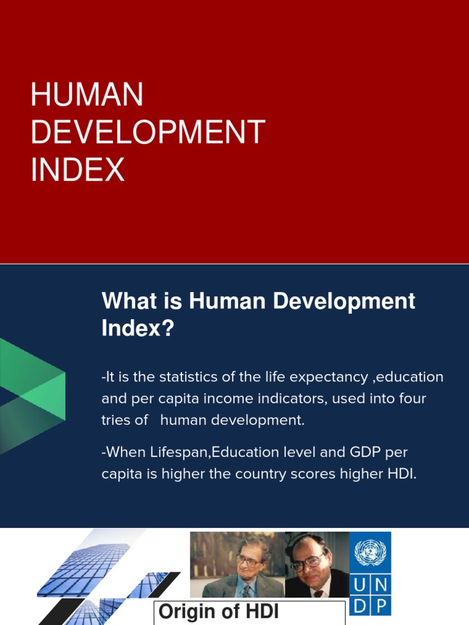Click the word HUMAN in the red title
(87, 97)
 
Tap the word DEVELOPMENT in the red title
(148, 132)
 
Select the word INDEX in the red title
(78, 169)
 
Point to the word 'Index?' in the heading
(137, 329)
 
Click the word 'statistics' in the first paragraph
(186, 377)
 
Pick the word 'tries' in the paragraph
(116, 421)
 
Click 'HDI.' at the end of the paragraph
(401, 474)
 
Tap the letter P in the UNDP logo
(381, 606)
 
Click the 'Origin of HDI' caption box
(250, 612)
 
